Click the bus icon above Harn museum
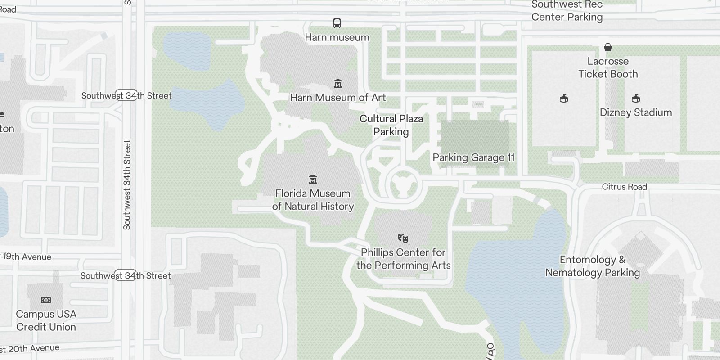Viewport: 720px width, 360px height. click(337, 23)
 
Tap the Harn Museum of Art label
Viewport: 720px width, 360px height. click(338, 98)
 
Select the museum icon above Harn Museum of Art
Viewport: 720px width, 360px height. click(338, 83)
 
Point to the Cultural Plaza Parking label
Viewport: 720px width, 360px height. click(391, 125)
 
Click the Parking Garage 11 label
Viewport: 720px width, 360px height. click(473, 157)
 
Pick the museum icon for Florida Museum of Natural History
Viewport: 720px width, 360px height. click(313, 180)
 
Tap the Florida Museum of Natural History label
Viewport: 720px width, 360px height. click(313, 200)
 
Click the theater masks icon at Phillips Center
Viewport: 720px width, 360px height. click(403, 238)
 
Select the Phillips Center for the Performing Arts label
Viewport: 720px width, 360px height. click(403, 259)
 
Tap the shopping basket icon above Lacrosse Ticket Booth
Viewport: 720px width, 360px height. click(608, 47)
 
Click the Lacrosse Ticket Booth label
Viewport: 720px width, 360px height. click(608, 67)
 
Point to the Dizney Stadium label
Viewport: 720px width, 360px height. click(635, 112)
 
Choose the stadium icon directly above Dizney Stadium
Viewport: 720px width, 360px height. click(636, 98)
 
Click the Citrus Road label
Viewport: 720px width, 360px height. click(624, 187)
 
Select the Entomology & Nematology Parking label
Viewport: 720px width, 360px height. click(592, 266)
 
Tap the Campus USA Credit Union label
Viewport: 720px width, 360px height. click(46, 320)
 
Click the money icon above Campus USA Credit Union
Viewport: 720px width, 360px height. click(46, 300)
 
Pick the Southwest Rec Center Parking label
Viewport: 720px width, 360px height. click(567, 11)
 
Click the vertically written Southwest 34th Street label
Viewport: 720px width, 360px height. click(127, 184)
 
